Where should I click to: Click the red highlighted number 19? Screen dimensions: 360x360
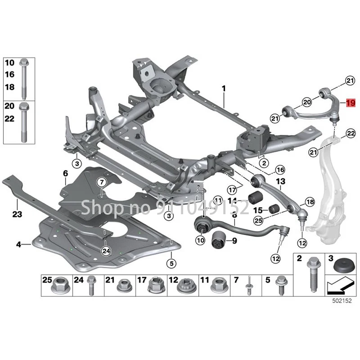pos(351,103)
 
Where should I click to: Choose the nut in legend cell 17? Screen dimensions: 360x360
pos(155,285)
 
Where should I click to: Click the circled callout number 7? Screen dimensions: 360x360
pos(101,182)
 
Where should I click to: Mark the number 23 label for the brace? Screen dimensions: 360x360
pos(17,214)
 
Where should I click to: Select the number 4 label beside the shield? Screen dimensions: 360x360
pos(19,245)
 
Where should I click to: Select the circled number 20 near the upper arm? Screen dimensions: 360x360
pos(306,102)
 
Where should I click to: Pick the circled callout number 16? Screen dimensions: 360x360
pos(280,170)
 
